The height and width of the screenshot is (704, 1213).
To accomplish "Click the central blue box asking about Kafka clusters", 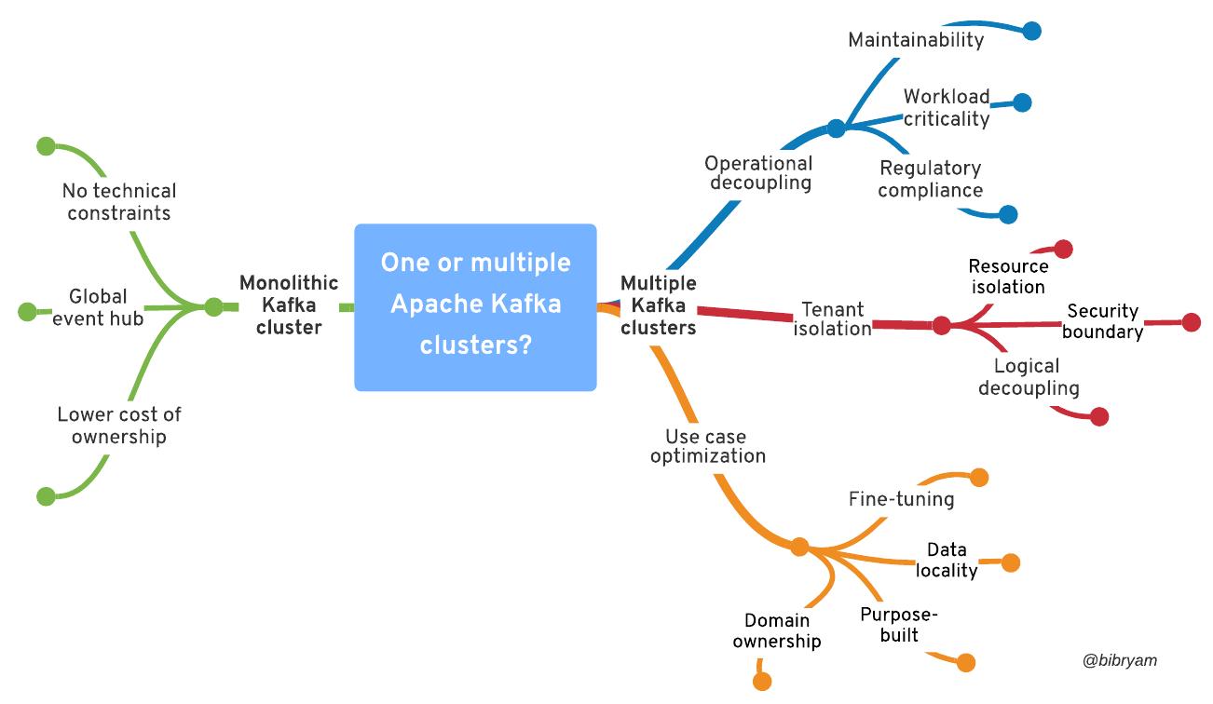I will click(x=475, y=306).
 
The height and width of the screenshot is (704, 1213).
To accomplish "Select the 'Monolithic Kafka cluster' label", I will click(x=289, y=305).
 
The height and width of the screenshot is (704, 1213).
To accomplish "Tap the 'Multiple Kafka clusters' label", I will click(x=658, y=305).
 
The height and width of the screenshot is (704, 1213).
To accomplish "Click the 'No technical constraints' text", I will click(x=118, y=202).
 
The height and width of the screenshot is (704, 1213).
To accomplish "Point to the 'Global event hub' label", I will click(x=98, y=307).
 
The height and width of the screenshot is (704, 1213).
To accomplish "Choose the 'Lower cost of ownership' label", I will click(x=119, y=426).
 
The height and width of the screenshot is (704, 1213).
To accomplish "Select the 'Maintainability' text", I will click(x=916, y=40).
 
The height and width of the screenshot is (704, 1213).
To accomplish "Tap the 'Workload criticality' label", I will click(x=946, y=107).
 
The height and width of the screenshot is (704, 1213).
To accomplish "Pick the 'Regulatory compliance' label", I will click(x=930, y=179).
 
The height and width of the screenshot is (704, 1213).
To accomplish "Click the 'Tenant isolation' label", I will click(x=833, y=318).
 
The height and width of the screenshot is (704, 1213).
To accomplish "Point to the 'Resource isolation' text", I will click(x=1008, y=277).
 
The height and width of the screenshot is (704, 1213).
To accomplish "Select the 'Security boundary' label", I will click(x=1102, y=321).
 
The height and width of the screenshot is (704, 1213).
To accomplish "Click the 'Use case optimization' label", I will click(x=707, y=446).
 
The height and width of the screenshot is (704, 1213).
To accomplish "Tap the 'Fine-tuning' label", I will click(x=901, y=499).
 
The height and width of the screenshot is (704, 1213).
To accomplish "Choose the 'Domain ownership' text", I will click(x=776, y=630).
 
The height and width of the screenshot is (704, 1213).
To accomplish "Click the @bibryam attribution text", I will click(x=1120, y=660).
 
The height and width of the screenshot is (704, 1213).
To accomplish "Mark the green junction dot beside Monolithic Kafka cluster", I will click(x=214, y=307).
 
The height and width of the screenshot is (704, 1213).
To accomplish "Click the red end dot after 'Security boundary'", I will click(x=1191, y=322).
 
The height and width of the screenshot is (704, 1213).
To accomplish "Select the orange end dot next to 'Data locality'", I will click(x=1011, y=562).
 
